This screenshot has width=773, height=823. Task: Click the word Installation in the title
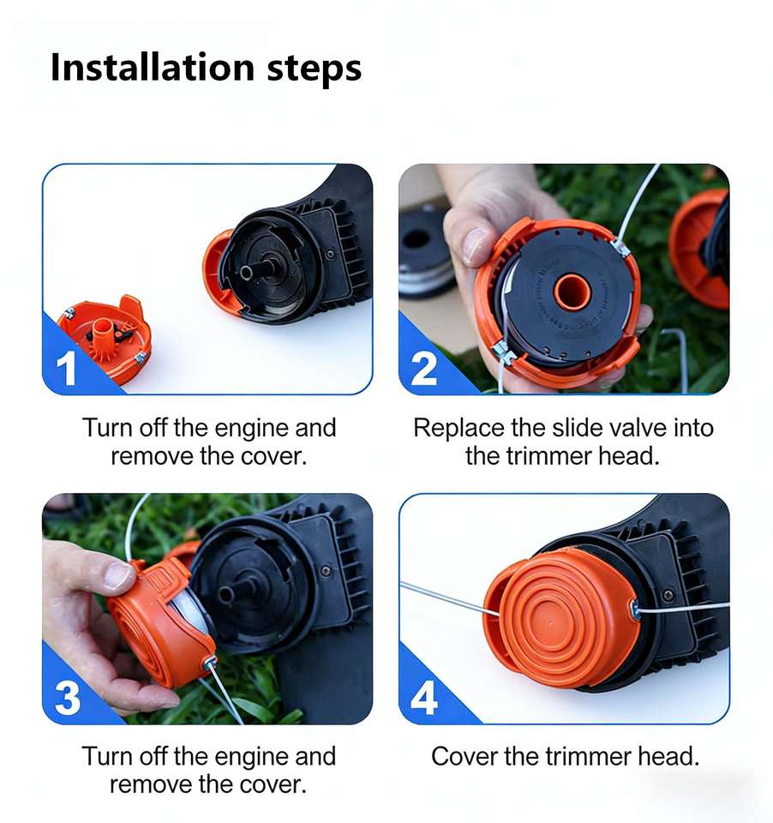coord(153,67)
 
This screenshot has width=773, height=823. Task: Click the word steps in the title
coord(315,69)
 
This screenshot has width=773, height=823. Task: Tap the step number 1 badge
coord(66,368)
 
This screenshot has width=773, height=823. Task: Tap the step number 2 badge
coord(423,369)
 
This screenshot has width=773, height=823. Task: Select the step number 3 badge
coord(68,698)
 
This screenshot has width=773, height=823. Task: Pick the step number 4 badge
coord(424,698)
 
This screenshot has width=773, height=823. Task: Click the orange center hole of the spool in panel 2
coord(572,291)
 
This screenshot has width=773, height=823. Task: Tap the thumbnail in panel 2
coord(475,244)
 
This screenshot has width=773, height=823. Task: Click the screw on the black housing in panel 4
coord(668,595)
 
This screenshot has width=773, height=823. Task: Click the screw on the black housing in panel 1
coord(330,254)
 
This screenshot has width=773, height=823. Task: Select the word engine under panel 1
coord(253,430)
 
